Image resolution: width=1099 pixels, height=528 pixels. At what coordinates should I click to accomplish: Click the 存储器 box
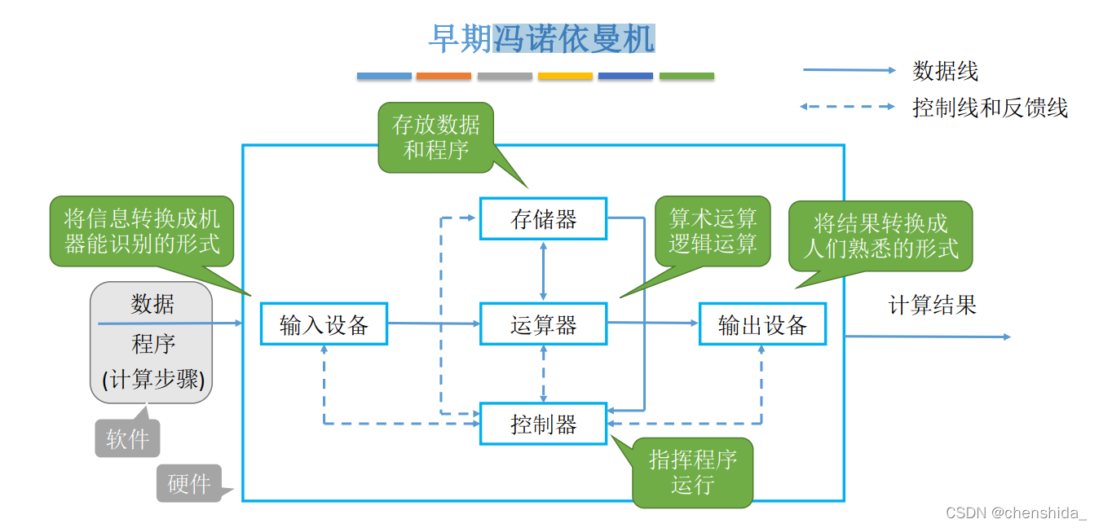click(x=543, y=218)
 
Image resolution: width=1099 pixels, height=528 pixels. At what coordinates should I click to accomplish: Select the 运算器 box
click(x=543, y=324)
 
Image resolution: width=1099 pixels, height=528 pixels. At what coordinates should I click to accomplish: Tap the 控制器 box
click(x=543, y=424)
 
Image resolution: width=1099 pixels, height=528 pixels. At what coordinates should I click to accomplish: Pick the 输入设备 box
click(x=324, y=324)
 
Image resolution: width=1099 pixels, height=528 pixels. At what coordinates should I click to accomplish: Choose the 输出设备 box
click(x=762, y=324)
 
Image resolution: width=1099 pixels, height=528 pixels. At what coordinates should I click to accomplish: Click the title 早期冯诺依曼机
click(x=541, y=38)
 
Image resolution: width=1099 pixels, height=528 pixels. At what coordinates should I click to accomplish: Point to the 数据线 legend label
click(x=945, y=71)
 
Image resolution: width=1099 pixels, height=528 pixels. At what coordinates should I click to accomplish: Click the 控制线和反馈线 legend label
click(x=990, y=107)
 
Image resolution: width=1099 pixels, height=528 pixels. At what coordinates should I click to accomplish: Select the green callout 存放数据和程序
click(x=436, y=137)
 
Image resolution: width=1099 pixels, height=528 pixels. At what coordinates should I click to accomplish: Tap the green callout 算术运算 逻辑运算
click(x=713, y=231)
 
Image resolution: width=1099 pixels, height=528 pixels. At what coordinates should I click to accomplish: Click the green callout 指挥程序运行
click(x=692, y=473)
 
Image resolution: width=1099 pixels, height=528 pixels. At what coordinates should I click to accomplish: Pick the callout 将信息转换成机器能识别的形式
click(x=142, y=231)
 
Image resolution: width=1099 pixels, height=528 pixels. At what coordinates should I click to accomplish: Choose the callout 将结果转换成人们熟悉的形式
click(x=881, y=236)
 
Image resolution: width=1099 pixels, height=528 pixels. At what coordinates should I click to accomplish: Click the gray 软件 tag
click(x=128, y=439)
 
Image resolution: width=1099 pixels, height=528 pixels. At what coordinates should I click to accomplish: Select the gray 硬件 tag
click(x=188, y=483)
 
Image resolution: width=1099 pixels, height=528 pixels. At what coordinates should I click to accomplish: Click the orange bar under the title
click(x=444, y=76)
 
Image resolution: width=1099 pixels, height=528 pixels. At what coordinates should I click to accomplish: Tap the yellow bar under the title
click(x=565, y=76)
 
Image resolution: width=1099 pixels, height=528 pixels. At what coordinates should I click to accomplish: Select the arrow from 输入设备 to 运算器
click(x=433, y=323)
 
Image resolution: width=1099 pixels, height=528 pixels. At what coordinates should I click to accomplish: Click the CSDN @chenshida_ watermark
click(x=1016, y=513)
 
